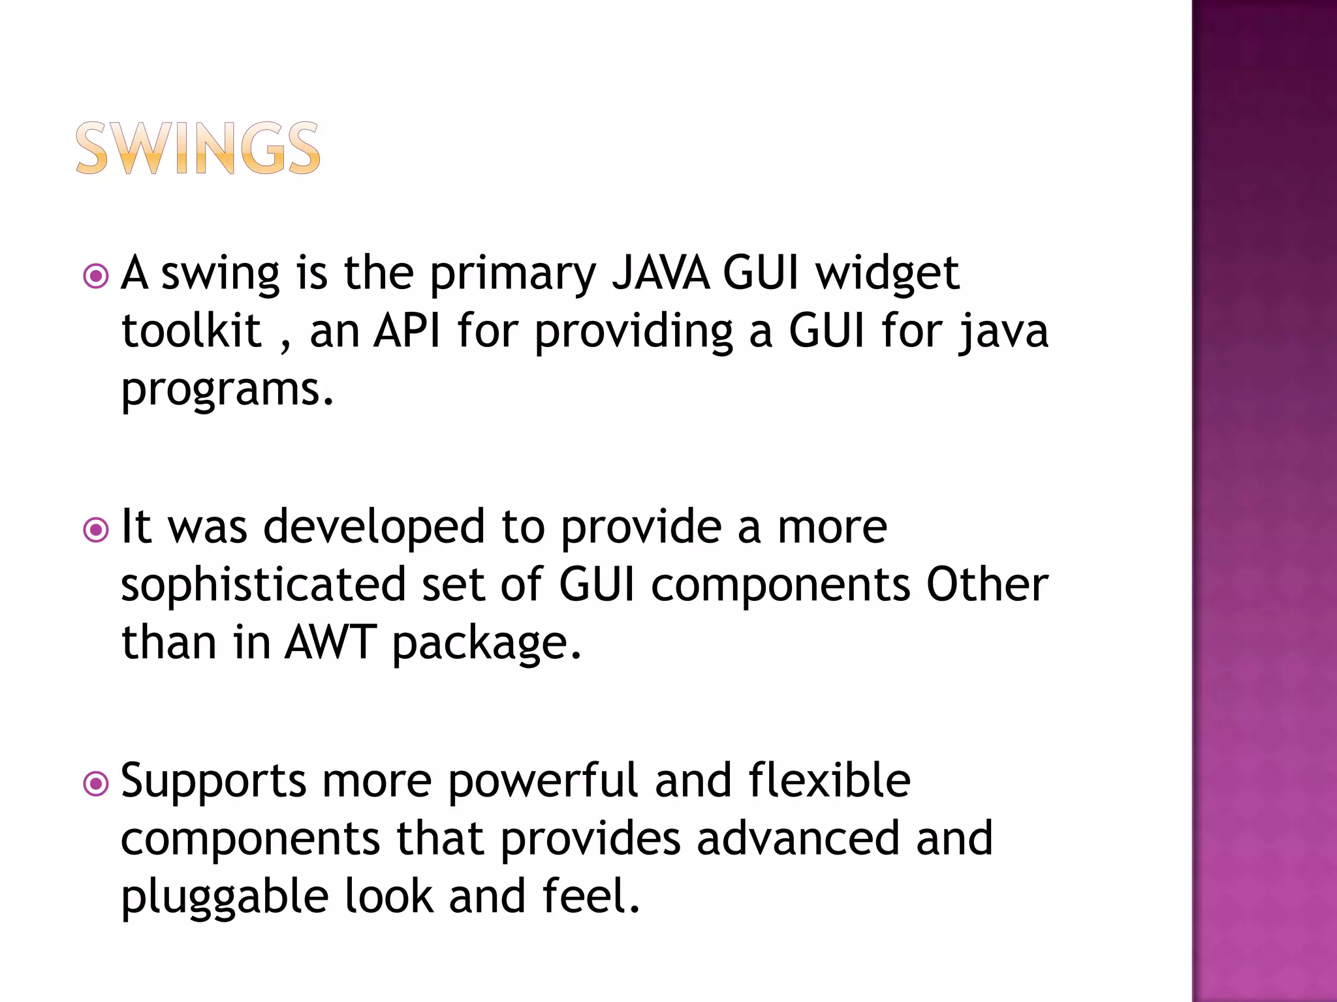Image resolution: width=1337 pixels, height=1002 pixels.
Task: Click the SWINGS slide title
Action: (198, 149)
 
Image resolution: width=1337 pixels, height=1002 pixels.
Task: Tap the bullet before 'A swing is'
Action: (96, 276)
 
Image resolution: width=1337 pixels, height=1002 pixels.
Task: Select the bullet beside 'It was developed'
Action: (96, 530)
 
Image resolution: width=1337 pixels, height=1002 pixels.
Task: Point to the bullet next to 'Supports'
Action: (96, 783)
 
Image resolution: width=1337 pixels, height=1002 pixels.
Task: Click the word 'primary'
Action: (512, 274)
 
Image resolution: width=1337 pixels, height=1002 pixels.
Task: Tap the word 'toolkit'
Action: (191, 331)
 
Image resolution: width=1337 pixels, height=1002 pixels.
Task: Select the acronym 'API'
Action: (407, 331)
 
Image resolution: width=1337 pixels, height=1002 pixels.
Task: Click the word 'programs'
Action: (227, 390)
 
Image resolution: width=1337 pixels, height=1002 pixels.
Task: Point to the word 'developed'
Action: (374, 526)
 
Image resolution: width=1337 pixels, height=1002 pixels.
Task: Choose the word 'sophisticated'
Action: (264, 585)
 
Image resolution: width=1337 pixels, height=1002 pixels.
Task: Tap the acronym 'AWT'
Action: (330, 643)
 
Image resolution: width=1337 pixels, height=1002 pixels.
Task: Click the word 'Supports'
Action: (213, 782)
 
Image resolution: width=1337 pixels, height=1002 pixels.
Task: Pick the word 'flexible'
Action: (829, 780)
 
